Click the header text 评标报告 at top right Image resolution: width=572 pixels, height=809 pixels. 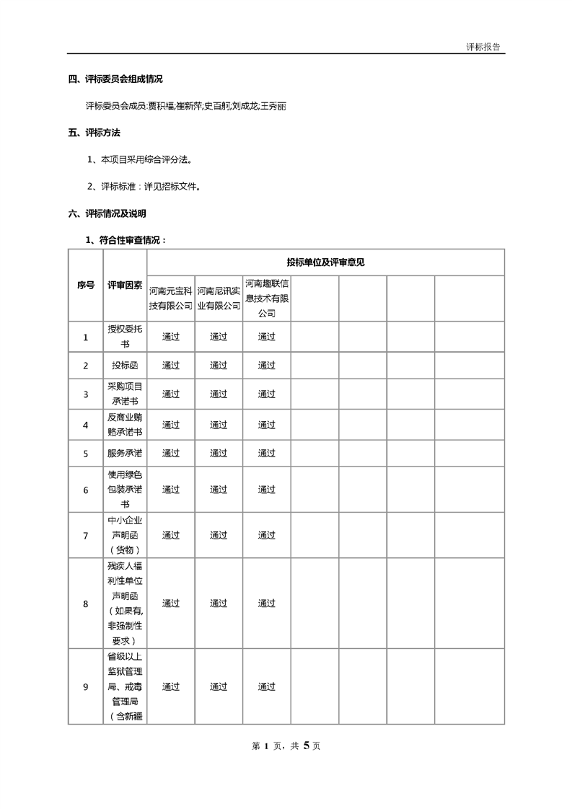tap(483, 46)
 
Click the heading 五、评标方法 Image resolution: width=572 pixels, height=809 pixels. tap(94, 133)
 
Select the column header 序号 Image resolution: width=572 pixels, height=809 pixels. tap(85, 285)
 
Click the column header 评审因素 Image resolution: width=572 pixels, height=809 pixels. tap(125, 285)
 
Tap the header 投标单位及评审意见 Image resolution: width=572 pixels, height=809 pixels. tap(325, 262)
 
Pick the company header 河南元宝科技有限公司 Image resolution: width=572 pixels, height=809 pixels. tap(171, 299)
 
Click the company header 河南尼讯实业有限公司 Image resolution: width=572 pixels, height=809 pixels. tap(219, 299)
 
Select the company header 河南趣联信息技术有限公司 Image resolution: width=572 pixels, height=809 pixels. tap(267, 298)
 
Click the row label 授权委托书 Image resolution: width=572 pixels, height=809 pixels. tap(125, 336)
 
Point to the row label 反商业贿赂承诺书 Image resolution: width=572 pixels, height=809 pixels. tap(125, 425)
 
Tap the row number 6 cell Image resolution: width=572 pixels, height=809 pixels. tap(85, 490)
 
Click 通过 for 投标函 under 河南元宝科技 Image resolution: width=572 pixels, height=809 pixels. tap(171, 366)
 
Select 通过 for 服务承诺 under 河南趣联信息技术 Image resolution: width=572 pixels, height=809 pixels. tap(267, 454)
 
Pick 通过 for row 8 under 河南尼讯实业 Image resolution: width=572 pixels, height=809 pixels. tap(219, 604)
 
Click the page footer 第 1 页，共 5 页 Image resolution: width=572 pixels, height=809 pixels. tap(286, 746)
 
